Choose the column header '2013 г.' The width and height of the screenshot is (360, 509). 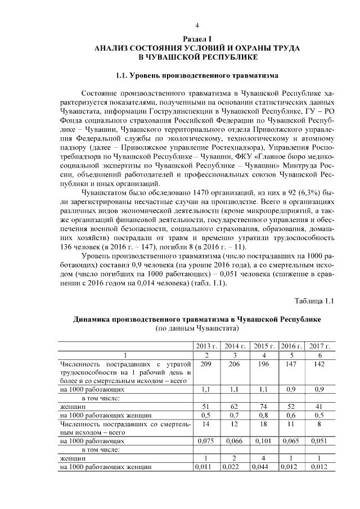pos(206,346)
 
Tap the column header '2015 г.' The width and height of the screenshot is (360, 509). pos(263,346)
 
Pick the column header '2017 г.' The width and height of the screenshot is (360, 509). pos(319,346)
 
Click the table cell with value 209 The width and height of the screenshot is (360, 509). pos(206,364)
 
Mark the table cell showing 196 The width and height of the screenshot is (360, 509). pos(263,364)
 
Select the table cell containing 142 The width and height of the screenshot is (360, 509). pos(319,364)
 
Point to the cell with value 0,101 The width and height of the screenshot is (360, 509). pos(263,441)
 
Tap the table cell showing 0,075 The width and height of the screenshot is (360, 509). pos(206,441)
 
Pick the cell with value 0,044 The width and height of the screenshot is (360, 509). pos(263,466)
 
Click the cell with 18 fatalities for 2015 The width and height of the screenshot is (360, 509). pos(263,425)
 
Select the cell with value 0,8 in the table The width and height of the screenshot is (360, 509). pos(263,415)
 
